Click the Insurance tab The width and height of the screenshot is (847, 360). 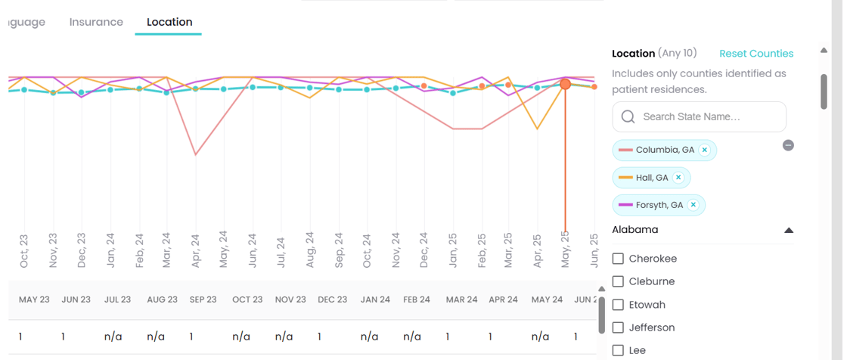96,22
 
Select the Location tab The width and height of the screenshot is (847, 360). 169,22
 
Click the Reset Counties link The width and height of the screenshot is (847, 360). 756,54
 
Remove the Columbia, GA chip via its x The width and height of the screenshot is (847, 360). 705,150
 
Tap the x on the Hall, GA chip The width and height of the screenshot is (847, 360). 678,178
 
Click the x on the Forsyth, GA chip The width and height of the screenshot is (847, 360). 693,205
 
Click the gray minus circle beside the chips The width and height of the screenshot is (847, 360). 788,145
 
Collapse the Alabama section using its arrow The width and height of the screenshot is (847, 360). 789,230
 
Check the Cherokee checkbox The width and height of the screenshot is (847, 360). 618,259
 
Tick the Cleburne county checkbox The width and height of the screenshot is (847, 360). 618,281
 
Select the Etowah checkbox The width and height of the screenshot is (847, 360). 618,305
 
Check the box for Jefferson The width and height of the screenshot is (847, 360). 618,327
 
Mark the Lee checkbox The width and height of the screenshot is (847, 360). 618,350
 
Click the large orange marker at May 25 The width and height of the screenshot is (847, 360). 565,84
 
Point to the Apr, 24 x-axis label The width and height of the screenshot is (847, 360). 195,250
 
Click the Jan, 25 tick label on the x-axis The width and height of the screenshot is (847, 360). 452,250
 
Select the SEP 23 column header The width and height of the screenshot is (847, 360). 203,299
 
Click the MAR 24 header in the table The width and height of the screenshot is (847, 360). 461,299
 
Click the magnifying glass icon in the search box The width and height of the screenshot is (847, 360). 628,117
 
